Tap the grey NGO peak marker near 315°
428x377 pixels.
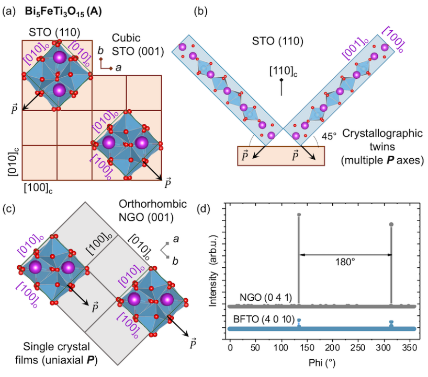pyautogui.click(x=391, y=225)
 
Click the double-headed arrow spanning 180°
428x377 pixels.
pyautogui.click(x=345, y=255)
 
